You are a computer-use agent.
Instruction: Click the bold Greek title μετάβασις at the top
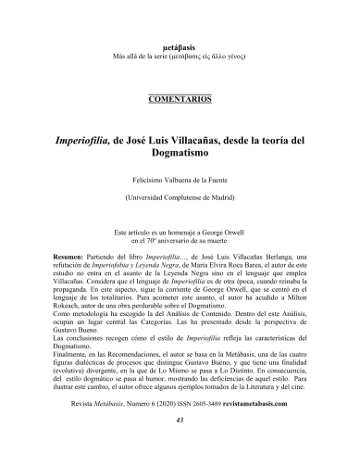click(180, 31)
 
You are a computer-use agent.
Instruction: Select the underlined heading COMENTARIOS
click(180, 97)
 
